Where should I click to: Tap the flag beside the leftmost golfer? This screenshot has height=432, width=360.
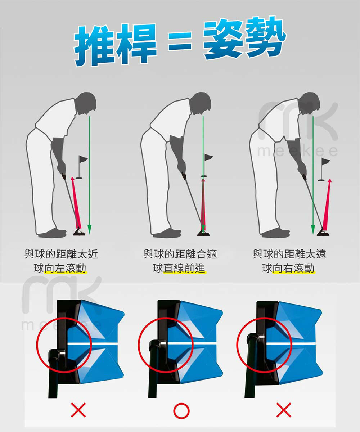[x=82, y=167]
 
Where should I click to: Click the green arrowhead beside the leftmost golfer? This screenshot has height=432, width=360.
[x=89, y=229]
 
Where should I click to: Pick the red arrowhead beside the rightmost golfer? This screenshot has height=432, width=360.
[x=330, y=181]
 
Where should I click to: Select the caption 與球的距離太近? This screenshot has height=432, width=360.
[x=61, y=254]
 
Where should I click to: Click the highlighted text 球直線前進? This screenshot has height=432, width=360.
[x=179, y=268]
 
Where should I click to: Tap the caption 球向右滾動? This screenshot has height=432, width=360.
[x=288, y=268]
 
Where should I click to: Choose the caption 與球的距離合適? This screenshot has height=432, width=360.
[x=180, y=254]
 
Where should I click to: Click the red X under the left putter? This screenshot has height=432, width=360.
[x=78, y=410]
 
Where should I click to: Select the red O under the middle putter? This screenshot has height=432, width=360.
[x=181, y=411]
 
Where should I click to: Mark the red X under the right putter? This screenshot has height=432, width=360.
[x=284, y=410]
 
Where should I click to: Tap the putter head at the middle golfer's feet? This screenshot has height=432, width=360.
[x=203, y=233]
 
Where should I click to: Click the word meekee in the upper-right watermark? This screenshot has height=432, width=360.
[x=297, y=152]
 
